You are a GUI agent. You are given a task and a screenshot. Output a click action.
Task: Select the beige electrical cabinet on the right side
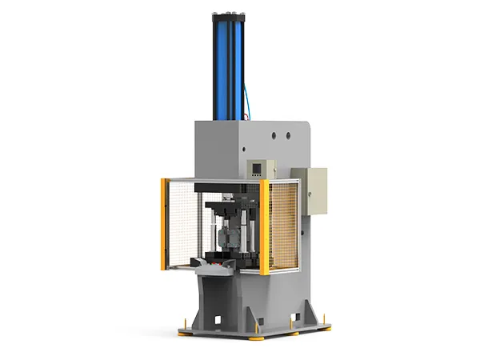pos(310,192)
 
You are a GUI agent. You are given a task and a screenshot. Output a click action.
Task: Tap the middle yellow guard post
pos(264,227)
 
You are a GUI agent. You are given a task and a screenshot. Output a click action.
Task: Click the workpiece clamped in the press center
pos(225,239)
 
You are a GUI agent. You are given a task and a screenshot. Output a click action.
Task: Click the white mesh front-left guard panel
pos(184,224)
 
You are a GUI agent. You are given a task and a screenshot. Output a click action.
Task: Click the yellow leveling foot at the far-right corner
pos(326,325)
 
